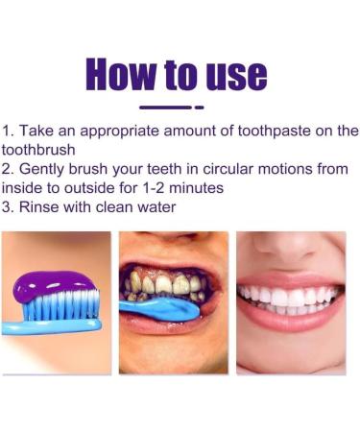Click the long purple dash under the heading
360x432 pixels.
click(165, 107)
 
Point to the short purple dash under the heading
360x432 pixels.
click(200, 107)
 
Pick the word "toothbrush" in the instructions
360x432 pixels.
click(39, 150)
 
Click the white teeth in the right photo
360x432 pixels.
click(288, 298)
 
